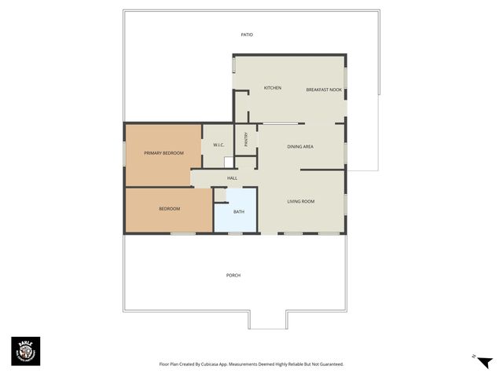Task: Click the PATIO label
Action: click(247, 35)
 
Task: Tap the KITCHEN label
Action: click(273, 88)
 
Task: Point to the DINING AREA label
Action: click(300, 147)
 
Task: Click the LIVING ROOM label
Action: click(300, 202)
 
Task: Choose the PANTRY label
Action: click(246, 139)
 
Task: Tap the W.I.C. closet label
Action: click(218, 145)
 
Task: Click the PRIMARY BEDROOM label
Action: click(163, 153)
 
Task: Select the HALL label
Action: click(232, 178)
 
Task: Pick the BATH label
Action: click(238, 212)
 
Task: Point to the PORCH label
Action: click(233, 276)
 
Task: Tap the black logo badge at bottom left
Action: click(25, 351)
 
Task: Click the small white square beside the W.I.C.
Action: click(229, 162)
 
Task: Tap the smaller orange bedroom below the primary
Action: click(169, 209)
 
